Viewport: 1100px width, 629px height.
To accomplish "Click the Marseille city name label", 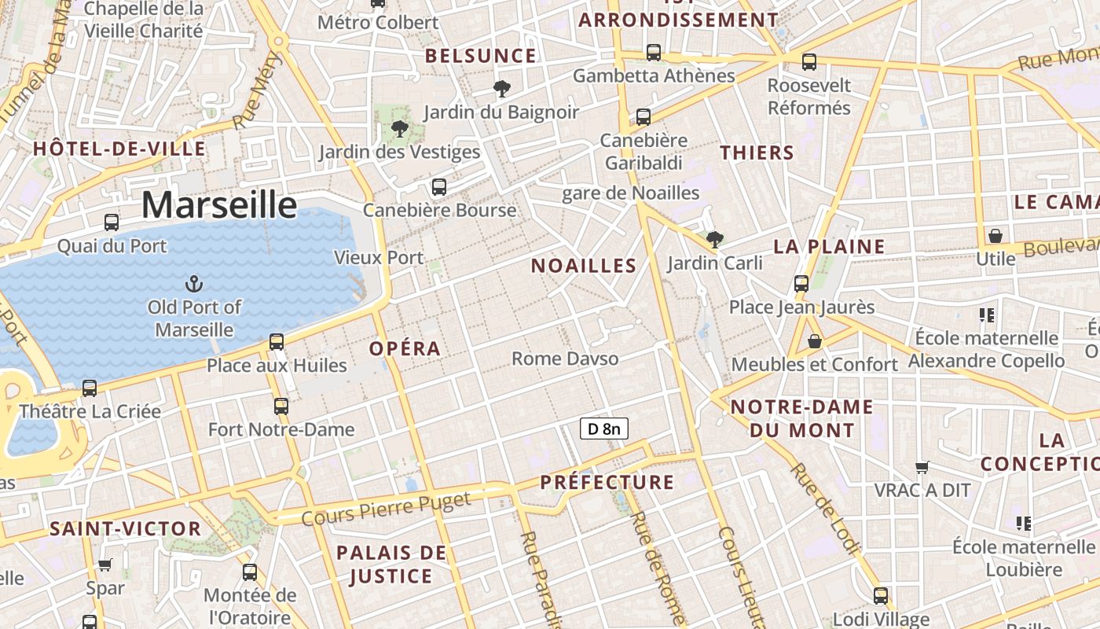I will (219, 205).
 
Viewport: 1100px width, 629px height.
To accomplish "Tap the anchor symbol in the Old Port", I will (193, 284).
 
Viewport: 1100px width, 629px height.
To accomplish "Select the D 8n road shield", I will (603, 429).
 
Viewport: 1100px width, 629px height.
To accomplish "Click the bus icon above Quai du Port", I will (112, 223).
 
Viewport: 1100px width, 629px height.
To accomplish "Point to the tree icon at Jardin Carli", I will (714, 239).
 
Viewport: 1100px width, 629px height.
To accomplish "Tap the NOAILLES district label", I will (583, 266).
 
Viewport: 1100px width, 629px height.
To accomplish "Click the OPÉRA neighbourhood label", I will (405, 348).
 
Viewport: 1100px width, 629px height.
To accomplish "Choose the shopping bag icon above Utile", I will (995, 235).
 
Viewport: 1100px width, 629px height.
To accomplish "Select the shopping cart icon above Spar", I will (104, 564).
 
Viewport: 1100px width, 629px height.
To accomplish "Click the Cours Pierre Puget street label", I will (386, 508).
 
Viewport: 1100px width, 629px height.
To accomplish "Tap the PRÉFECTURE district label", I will (607, 482).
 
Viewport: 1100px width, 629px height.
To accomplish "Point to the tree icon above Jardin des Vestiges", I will (399, 128).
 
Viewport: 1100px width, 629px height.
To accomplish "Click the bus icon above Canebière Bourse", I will (438, 187).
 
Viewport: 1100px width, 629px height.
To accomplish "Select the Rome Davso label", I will (565, 359).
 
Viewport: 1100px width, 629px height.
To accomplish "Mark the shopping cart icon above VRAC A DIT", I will (922, 467).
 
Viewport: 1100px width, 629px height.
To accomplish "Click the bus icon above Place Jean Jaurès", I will (801, 283).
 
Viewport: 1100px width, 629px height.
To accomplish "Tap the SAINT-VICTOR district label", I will (126, 528).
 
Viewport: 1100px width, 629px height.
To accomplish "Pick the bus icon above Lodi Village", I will (880, 595).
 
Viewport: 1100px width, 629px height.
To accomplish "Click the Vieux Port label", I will (379, 257).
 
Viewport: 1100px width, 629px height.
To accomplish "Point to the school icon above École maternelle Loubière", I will (1023, 523).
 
